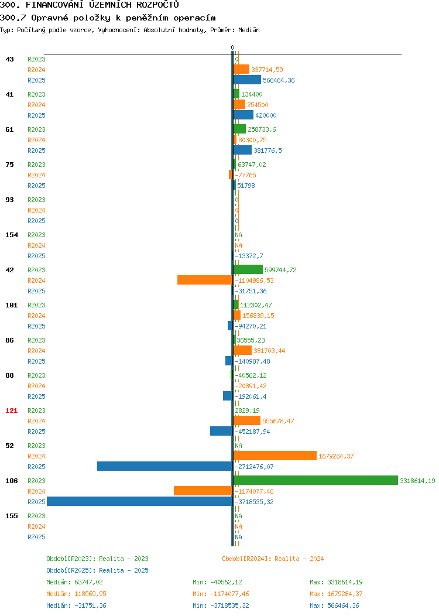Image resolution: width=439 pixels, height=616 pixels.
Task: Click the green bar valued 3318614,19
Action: point(315,481)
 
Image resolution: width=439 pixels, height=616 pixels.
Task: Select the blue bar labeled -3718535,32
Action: point(140,502)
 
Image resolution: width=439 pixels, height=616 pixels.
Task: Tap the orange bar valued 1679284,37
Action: point(275,456)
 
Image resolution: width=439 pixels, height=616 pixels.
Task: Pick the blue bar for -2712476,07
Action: point(165,466)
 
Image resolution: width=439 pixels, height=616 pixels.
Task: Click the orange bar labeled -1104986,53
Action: point(205,280)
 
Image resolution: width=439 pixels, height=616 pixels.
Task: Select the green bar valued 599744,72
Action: point(248,269)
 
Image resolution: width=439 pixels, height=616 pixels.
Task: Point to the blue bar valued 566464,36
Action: point(247,80)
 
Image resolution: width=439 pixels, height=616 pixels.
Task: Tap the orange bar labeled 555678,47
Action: point(246,421)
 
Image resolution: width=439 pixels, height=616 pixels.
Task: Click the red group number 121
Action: point(11,410)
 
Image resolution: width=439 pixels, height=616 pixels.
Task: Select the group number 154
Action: point(11,235)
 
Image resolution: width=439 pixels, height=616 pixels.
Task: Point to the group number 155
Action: point(11,516)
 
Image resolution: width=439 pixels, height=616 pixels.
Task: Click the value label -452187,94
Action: point(252,432)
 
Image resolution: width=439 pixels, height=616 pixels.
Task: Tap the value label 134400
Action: point(252,94)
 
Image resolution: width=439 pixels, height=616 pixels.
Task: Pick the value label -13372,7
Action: point(249,256)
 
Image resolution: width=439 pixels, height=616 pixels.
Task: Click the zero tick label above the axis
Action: point(232,47)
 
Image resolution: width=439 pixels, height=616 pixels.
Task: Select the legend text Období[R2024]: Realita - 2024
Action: point(273,559)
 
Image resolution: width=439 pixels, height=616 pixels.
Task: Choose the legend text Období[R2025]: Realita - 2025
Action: point(97,570)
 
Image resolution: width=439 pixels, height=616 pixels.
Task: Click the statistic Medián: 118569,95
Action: point(76,594)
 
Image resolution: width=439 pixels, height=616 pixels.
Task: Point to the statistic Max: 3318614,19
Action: point(336,582)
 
